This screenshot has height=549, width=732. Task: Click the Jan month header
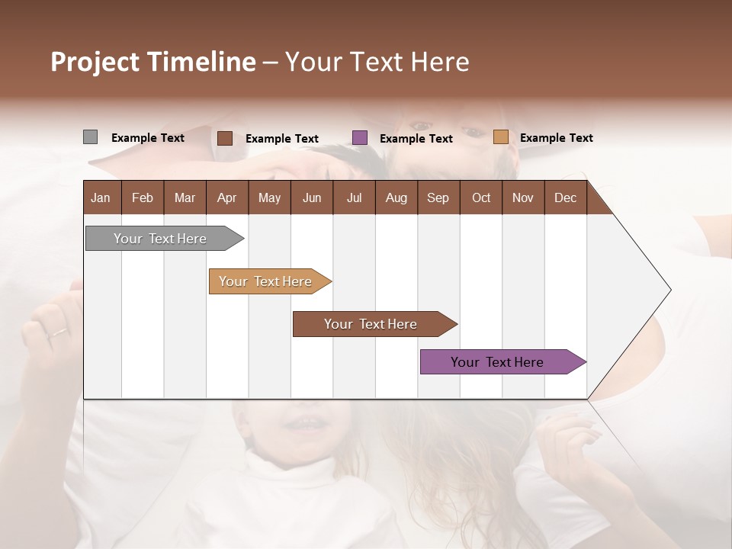[101, 197]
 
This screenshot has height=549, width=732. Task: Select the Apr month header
[227, 197]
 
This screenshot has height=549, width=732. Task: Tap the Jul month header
[354, 197]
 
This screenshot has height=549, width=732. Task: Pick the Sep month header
[438, 197]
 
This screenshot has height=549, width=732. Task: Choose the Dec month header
[565, 197]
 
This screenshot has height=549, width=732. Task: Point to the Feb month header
[143, 197]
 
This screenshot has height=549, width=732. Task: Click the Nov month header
[523, 197]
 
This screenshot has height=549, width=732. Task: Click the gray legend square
[90, 137]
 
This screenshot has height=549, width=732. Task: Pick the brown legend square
[224, 138]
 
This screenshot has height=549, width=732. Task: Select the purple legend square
[360, 138]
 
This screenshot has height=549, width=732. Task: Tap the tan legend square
[500, 137]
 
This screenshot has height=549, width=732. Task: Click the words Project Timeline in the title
[153, 62]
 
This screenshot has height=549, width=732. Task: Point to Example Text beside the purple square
[416, 139]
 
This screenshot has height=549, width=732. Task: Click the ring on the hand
[58, 332]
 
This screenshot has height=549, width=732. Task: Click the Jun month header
[312, 197]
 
